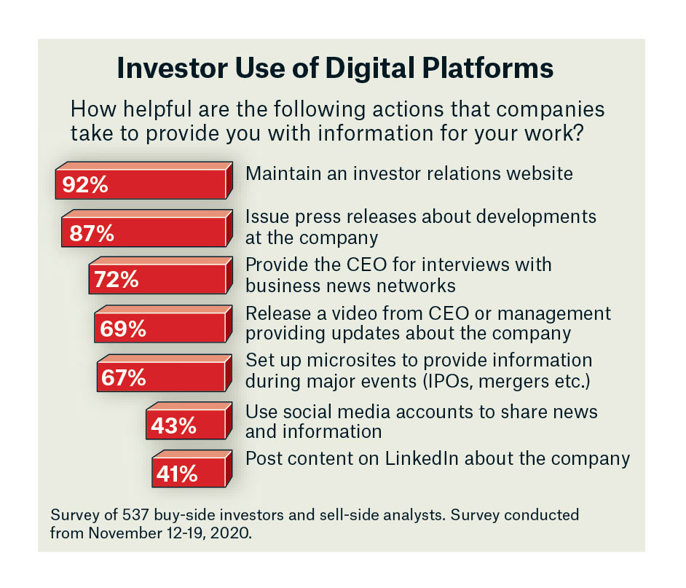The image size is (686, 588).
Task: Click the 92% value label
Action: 85,185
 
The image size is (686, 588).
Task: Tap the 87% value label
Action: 92,233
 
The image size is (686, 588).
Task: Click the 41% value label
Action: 177,474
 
